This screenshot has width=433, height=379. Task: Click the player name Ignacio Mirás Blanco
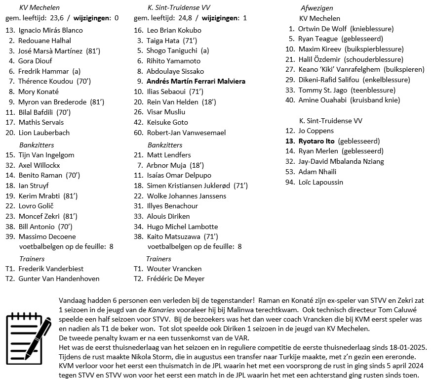coord(50,30)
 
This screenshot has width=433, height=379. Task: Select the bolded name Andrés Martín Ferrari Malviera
coord(196,81)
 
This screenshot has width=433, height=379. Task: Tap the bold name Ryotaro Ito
coord(316,141)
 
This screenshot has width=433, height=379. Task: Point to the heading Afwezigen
coord(316,8)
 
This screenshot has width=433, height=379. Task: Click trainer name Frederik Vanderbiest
coord(51,269)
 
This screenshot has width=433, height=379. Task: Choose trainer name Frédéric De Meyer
coord(175,279)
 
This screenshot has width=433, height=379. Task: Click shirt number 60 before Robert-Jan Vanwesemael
coord(138,133)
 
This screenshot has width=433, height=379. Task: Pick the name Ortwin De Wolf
coord(322,29)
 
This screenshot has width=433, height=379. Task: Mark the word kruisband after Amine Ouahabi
coord(366,100)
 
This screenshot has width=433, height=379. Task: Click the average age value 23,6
coord(57,18)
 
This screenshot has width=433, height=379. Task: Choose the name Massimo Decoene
coord(47,237)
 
